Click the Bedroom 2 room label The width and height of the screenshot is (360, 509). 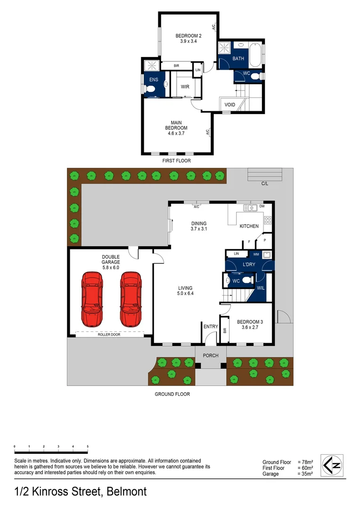tap(185, 38)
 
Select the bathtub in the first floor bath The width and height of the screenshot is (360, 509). tap(254, 56)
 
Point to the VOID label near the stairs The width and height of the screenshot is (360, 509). tap(229, 105)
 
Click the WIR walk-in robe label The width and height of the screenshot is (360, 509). tap(185, 87)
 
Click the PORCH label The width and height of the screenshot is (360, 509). tap(211, 355)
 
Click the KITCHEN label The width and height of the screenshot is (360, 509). tap(249, 226)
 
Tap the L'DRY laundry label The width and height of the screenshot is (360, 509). tap(248, 264)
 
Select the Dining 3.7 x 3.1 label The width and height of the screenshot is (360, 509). tap(198, 226)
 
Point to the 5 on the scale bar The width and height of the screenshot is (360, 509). tap(88, 446)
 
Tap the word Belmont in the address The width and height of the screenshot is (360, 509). tap(126, 492)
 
